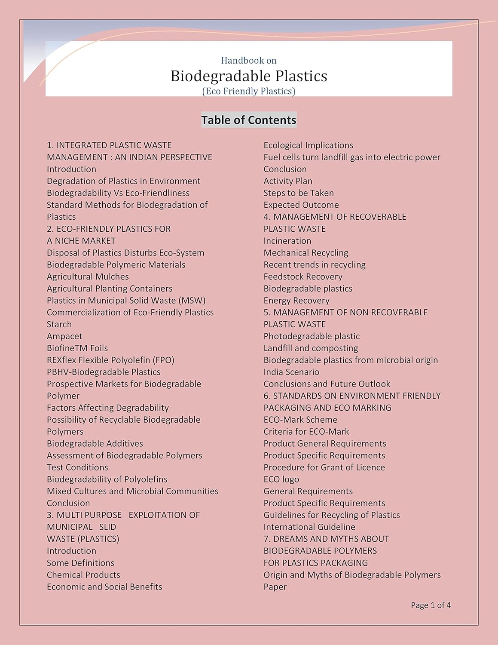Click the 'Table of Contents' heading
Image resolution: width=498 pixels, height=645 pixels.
tap(249, 120)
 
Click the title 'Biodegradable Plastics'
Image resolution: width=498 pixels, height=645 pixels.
tap(249, 76)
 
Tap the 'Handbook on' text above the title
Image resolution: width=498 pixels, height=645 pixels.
tap(249, 61)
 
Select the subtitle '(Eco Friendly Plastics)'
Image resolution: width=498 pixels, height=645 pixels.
tap(249, 91)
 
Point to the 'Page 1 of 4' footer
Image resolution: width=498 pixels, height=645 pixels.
tap(431, 605)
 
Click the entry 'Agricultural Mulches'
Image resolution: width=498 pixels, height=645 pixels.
tap(88, 276)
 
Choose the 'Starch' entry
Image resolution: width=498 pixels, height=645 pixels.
tap(59, 324)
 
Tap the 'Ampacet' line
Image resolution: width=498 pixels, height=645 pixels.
tap(64, 336)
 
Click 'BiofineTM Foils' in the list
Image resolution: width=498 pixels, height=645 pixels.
tap(77, 348)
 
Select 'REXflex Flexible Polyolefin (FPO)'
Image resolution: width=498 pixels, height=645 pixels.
tap(110, 360)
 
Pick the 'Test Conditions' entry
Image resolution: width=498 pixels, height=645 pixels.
tap(77, 467)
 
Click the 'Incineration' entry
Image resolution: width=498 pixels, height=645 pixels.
tap(287, 241)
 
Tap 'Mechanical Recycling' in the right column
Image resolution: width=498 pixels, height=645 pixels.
tap(306, 253)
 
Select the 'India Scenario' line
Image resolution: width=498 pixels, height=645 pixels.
tap(291, 372)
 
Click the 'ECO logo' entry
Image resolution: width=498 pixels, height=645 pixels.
tap(281, 479)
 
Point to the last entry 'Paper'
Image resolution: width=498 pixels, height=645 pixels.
tap(275, 587)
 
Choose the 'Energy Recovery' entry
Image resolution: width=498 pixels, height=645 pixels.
tap(296, 301)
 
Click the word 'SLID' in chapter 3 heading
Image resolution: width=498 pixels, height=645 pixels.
tap(107, 527)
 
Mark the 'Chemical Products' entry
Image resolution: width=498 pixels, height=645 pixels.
tap(83, 575)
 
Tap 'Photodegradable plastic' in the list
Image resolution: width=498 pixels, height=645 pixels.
tap(312, 336)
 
